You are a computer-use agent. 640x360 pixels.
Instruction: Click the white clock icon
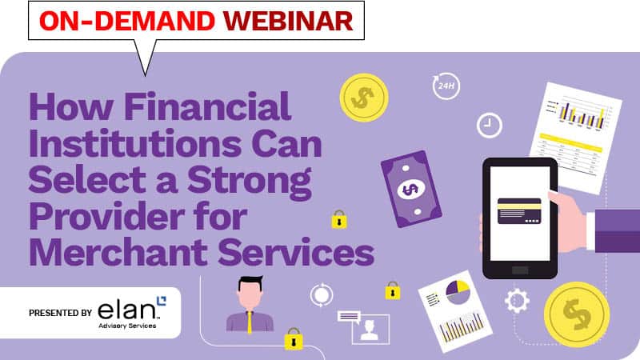tap(488, 125)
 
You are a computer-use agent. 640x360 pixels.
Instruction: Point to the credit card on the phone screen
tap(520, 210)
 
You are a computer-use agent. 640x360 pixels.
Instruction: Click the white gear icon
tap(517, 301)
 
